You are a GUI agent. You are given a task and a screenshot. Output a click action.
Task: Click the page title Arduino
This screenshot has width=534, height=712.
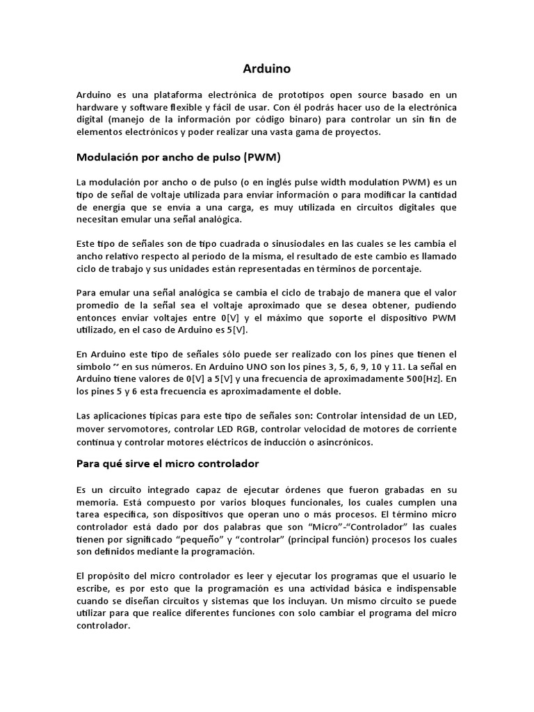tap(267, 69)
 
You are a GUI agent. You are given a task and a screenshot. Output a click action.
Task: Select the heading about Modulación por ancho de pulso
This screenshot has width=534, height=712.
tap(179, 157)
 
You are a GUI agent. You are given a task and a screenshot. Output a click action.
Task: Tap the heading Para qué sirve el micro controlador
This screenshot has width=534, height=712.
tap(167, 463)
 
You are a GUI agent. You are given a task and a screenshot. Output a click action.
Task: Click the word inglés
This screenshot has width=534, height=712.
tap(277, 181)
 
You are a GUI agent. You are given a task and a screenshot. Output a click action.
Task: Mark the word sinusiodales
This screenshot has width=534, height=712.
tap(268, 244)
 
